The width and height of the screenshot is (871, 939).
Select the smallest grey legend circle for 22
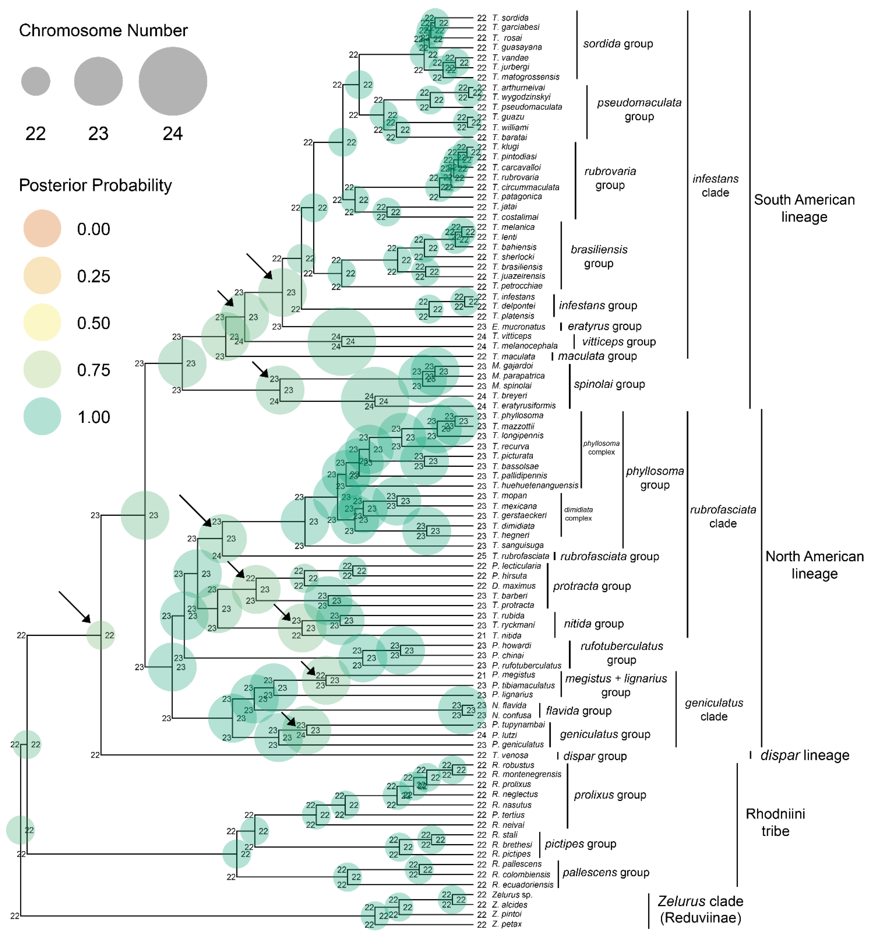click(x=36, y=81)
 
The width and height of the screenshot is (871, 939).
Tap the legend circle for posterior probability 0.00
click(x=42, y=228)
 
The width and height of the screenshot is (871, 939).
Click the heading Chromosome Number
click(x=103, y=31)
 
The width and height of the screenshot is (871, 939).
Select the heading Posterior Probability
click(x=95, y=185)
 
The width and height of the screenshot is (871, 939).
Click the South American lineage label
click(x=804, y=208)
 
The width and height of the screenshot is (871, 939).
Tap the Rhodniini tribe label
click(x=775, y=822)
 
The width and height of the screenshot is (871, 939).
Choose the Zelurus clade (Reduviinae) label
click(x=700, y=909)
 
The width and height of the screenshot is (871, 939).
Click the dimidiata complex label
click(x=578, y=514)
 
